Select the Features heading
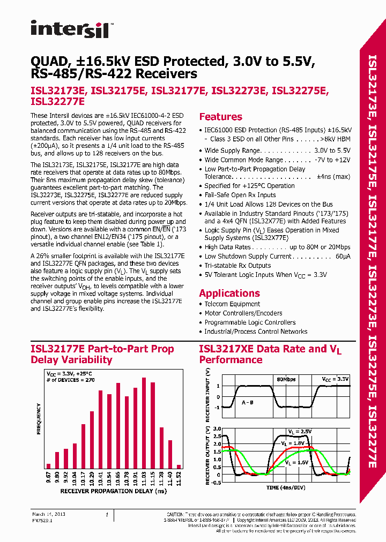point(220,117)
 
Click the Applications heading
point(229,293)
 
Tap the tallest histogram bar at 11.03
point(144,423)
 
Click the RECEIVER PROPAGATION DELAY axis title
point(113,491)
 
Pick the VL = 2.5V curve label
point(299,431)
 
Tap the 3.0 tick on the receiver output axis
point(215,429)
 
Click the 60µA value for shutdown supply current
point(343,257)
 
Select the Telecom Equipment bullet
point(232,304)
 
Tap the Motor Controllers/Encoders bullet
point(243,313)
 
